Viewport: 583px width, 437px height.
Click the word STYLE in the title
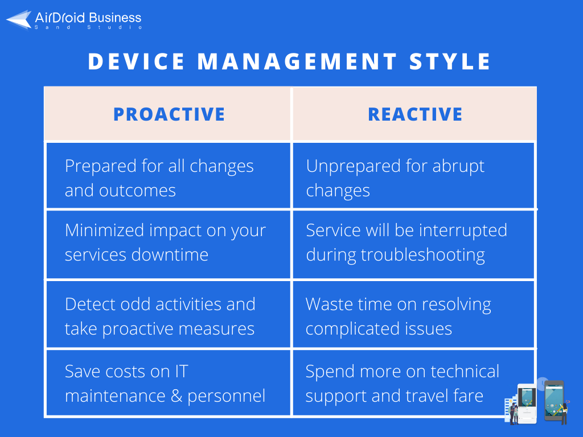coord(450,61)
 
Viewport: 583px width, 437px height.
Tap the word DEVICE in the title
coord(137,61)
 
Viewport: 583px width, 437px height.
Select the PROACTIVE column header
coord(169,114)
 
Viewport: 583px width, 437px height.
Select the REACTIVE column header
coord(415,114)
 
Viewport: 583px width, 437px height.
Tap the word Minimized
coord(105,230)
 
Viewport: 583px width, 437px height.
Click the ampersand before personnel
coord(176,396)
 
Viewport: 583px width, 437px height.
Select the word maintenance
coord(115,396)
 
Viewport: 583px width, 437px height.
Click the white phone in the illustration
coord(527,404)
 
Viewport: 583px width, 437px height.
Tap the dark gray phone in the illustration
coord(555,401)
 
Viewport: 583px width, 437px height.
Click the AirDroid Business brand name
coord(88,18)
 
